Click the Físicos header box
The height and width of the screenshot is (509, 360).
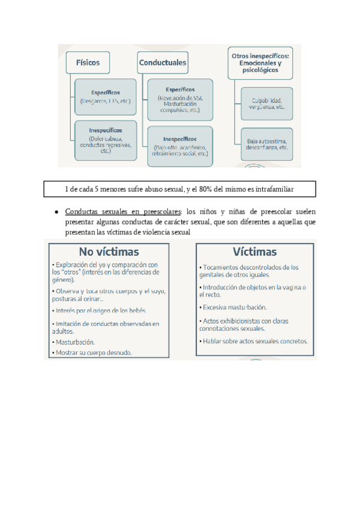[x=88, y=62]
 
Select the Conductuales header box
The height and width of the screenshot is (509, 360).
[x=163, y=62]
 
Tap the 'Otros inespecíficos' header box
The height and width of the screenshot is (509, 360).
[x=261, y=62]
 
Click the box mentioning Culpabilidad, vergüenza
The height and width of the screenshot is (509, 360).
[x=266, y=103]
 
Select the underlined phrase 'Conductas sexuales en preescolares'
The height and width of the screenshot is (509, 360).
[x=123, y=212]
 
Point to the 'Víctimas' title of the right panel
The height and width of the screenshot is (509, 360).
[x=255, y=251]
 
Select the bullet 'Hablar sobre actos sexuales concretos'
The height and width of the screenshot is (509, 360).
[x=255, y=342]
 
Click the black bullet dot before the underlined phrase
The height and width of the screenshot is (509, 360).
[x=56, y=212]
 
